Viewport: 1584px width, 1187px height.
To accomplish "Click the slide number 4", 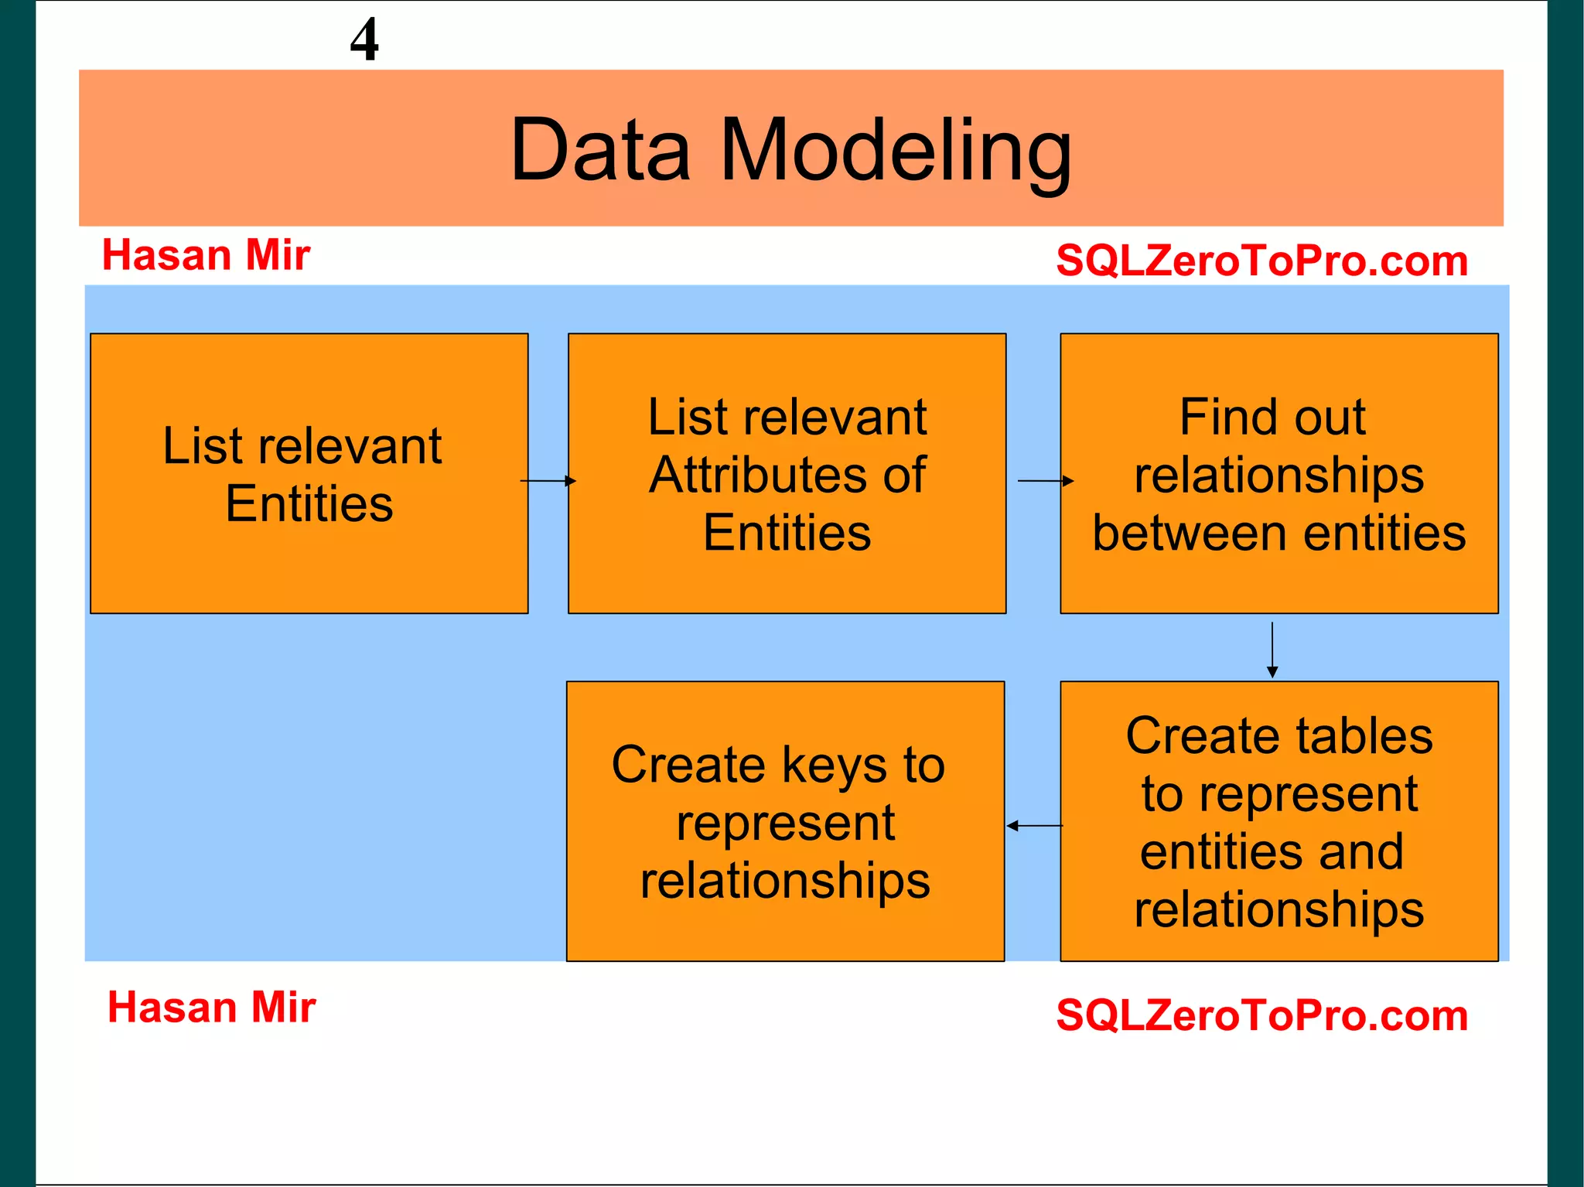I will (364, 39).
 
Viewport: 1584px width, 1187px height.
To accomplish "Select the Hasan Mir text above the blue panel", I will (206, 255).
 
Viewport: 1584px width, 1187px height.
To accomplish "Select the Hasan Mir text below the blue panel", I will (211, 1008).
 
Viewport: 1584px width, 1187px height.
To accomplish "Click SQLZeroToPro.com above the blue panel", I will (1261, 261).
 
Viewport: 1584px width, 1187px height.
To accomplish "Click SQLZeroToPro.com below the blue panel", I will (1261, 1015).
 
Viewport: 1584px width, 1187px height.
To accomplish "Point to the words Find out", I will (1272, 418).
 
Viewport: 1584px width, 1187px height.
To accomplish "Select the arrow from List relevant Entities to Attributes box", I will (548, 481).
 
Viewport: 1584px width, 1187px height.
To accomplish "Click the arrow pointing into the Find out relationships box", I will (1046, 481).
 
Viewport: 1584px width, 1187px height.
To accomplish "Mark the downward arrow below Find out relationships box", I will (1272, 650).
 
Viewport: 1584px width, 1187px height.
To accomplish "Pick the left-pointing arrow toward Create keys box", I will (1034, 826).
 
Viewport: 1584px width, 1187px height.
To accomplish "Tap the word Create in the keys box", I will (688, 765).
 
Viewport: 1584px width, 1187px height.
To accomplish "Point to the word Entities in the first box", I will (309, 504).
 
